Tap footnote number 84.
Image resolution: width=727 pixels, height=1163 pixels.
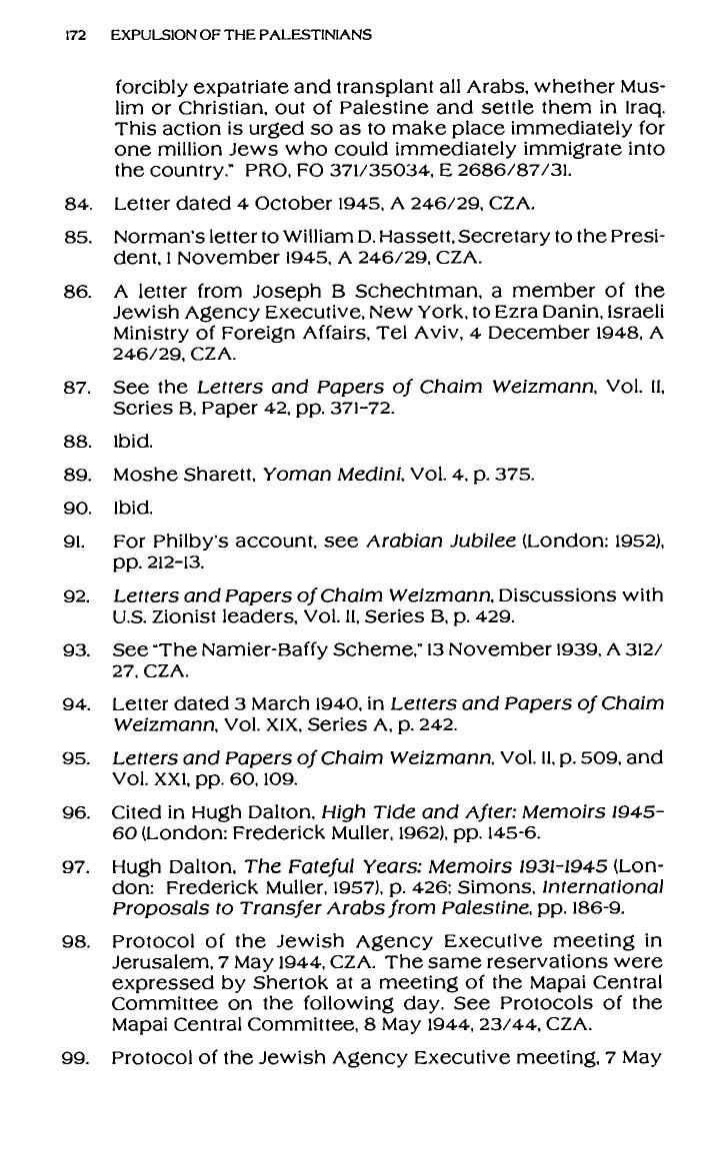77,205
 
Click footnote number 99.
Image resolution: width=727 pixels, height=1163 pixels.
77,1056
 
